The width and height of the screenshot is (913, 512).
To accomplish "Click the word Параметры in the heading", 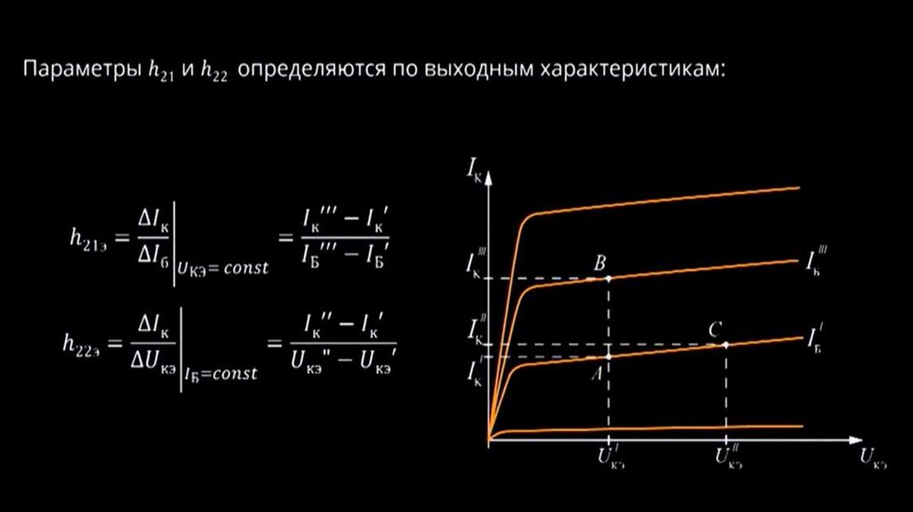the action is coord(79,70).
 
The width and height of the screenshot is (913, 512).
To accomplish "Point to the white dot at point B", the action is coord(609,278).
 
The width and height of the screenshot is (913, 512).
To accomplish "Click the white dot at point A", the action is coord(609,357).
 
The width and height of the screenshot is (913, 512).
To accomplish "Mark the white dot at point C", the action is coord(727,344).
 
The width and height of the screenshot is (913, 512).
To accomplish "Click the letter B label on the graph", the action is coord(600,263).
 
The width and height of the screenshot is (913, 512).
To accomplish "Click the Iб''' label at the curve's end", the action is coord(816,261).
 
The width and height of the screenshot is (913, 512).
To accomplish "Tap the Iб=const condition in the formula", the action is coord(220,375).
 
